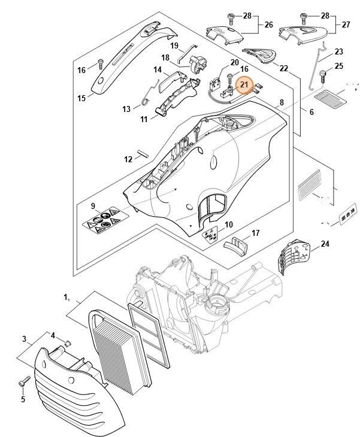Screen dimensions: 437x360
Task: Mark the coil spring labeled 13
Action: [x=146, y=98]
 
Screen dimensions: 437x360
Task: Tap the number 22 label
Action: [x=284, y=68]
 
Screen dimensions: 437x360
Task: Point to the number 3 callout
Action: [x=24, y=339]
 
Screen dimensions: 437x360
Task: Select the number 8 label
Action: [x=280, y=104]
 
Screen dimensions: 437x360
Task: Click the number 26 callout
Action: [x=268, y=25]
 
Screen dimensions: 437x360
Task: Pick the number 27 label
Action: [x=345, y=25]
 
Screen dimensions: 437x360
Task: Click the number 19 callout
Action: [x=174, y=45]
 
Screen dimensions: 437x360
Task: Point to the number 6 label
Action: [x=311, y=111]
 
